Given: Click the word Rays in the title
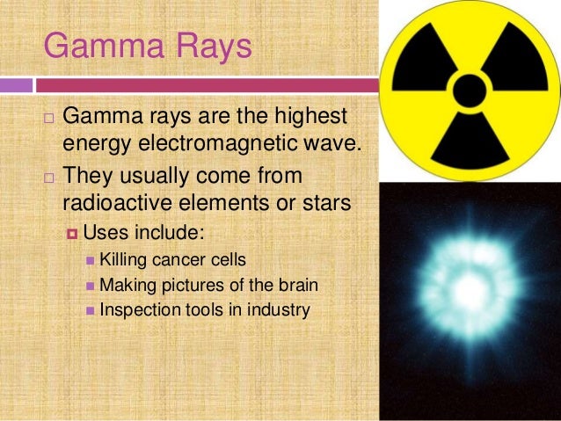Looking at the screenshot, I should pyautogui.click(x=212, y=47).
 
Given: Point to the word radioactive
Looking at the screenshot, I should pyautogui.click(x=123, y=202).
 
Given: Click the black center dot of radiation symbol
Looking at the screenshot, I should pyautogui.click(x=471, y=89).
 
